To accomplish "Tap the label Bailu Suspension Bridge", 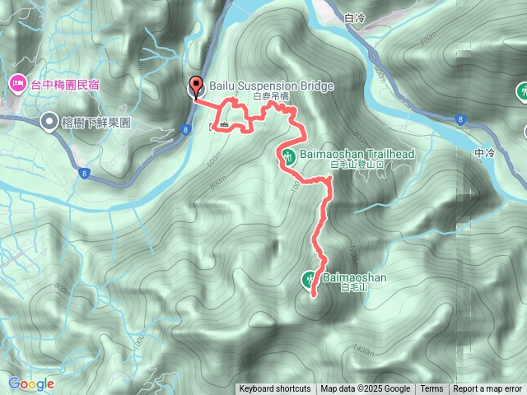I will coord(261,86).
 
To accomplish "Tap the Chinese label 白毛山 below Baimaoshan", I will coord(337,289).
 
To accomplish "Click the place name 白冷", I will coord(356,17).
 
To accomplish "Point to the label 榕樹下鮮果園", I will coord(96,123).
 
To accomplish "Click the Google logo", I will coord(31,383).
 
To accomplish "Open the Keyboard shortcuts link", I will coord(274,389).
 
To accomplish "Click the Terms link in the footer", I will coord(431,389).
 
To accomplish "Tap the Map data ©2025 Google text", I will coord(365,389).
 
